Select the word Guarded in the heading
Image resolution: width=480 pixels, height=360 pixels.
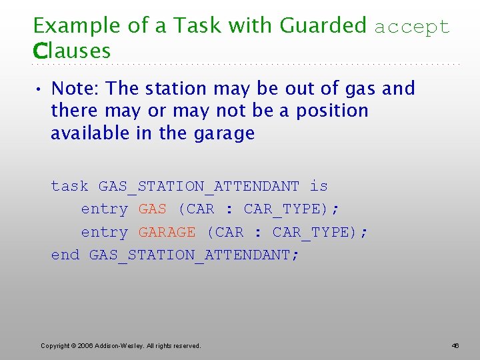click(323, 25)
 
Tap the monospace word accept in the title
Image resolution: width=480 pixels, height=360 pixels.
click(412, 27)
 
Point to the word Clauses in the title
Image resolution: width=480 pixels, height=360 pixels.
click(72, 51)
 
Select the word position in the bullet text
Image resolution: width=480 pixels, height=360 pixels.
click(329, 111)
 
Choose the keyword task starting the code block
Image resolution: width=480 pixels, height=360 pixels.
click(70, 186)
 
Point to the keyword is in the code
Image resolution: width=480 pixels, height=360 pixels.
click(319, 186)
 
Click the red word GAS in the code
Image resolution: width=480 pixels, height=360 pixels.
click(153, 209)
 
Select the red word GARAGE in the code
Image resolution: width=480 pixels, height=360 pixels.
click(167, 233)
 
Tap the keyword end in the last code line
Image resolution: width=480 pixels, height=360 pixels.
click(65, 255)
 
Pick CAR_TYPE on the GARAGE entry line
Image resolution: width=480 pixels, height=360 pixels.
click(310, 233)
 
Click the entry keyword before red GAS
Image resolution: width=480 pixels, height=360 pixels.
click(104, 209)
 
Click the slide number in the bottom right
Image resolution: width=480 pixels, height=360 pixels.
click(455, 346)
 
